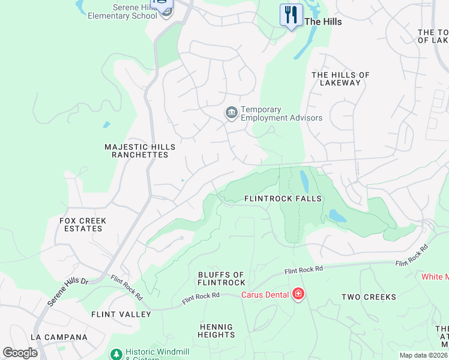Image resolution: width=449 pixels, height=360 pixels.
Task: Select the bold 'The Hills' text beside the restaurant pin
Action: point(323,22)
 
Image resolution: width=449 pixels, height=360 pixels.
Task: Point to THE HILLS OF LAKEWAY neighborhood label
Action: point(340,79)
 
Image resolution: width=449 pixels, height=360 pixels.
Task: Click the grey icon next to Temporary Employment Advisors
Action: point(231,113)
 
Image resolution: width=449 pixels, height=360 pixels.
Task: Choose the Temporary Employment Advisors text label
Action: point(281,113)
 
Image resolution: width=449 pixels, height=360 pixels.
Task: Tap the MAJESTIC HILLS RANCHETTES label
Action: point(140,151)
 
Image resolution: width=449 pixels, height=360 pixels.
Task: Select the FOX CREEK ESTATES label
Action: point(83,224)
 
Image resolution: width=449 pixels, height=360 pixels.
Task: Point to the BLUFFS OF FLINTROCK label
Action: point(221,278)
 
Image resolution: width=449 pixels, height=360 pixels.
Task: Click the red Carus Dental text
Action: point(265,295)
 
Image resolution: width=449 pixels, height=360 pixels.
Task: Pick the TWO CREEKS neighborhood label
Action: point(369,297)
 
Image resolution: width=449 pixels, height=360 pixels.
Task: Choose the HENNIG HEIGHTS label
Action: point(217,331)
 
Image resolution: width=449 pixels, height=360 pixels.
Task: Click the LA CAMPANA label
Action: point(59,337)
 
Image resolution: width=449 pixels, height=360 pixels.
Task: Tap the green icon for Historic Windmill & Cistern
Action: point(116,355)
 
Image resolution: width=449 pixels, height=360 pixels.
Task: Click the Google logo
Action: point(20,353)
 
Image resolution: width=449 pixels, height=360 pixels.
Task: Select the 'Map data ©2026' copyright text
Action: point(423,355)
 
